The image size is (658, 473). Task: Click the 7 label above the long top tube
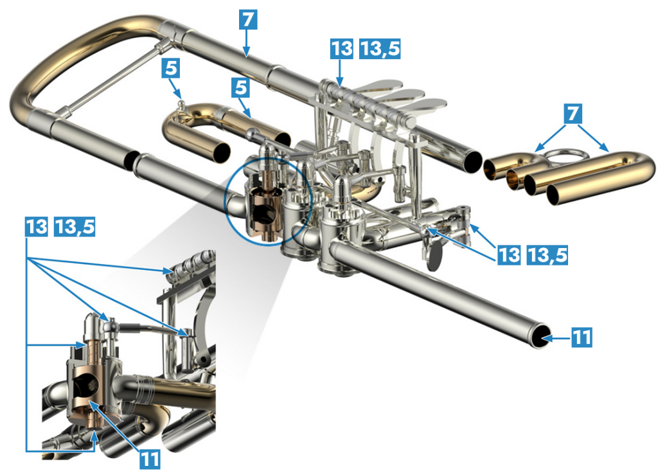click(x=247, y=19)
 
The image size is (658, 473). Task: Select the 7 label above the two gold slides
click(x=573, y=113)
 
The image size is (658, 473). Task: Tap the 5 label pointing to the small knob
click(x=170, y=68)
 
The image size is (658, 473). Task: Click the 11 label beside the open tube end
click(x=582, y=337)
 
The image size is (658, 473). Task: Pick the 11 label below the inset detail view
click(x=150, y=459)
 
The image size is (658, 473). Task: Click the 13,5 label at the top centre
click(x=380, y=48)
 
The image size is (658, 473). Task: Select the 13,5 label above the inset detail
click(x=75, y=227)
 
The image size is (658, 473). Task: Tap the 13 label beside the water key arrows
click(x=509, y=254)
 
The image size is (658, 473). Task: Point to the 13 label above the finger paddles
click(x=342, y=48)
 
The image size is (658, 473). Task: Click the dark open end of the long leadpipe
click(x=540, y=336)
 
